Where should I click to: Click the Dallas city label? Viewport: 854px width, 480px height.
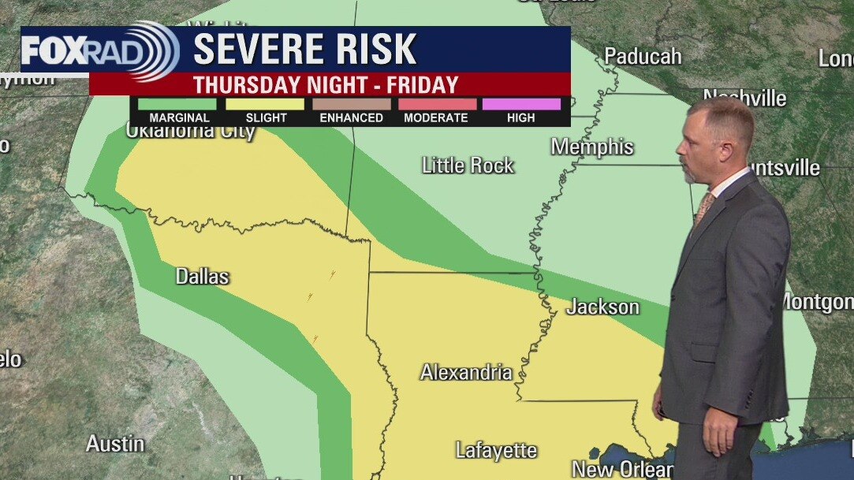(x=202, y=277)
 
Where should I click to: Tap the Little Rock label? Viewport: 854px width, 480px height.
(x=468, y=166)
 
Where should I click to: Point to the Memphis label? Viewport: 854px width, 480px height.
(x=592, y=147)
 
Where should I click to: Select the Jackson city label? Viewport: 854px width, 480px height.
(x=603, y=307)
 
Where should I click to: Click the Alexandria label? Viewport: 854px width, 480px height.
(x=466, y=372)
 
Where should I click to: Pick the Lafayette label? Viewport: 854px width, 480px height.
(x=496, y=451)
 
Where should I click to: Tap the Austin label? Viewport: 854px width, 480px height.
(x=115, y=444)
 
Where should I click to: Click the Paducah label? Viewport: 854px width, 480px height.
(x=643, y=56)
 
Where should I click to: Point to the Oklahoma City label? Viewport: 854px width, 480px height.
(x=190, y=131)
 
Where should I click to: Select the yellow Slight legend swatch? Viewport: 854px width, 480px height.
(x=265, y=104)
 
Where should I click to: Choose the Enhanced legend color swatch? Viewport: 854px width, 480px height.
(x=351, y=104)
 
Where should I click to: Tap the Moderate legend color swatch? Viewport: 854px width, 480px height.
(x=436, y=104)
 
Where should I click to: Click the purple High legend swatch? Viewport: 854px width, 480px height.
(x=521, y=104)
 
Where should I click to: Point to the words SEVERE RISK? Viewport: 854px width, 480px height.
(x=304, y=50)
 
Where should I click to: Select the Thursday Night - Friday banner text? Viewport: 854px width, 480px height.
(x=326, y=84)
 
